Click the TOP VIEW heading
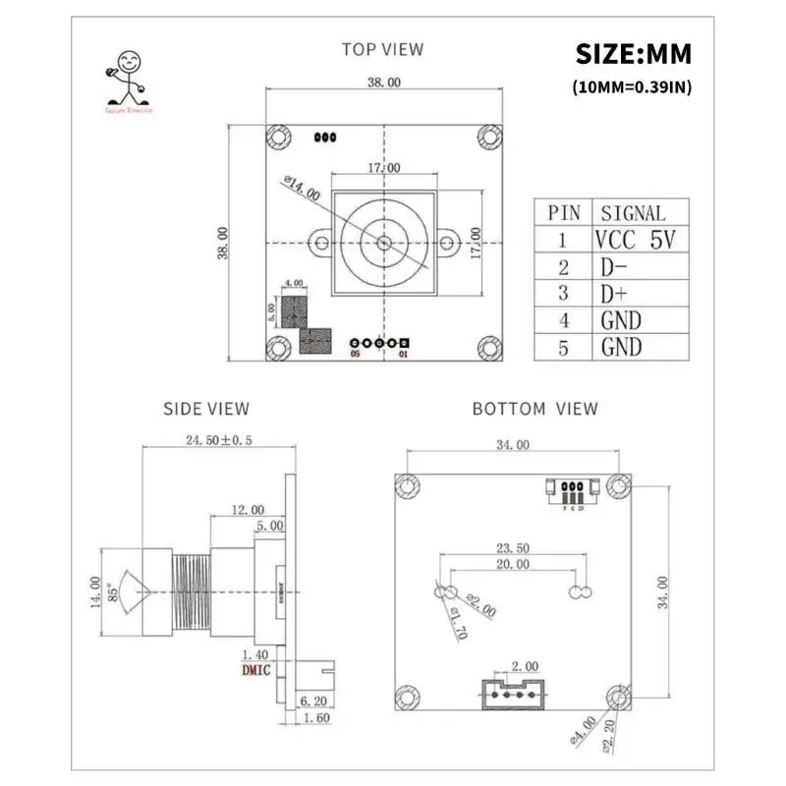coord(382,48)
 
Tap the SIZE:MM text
coord(633,52)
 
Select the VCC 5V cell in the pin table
coord(635,239)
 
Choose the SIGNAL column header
coord(633,212)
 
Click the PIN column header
coord(564,212)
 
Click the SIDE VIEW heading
coord(205,408)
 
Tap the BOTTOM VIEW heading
coord(534,408)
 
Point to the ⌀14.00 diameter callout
coord(301,187)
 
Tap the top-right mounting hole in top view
coord(487,136)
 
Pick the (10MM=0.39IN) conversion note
coord(633,86)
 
